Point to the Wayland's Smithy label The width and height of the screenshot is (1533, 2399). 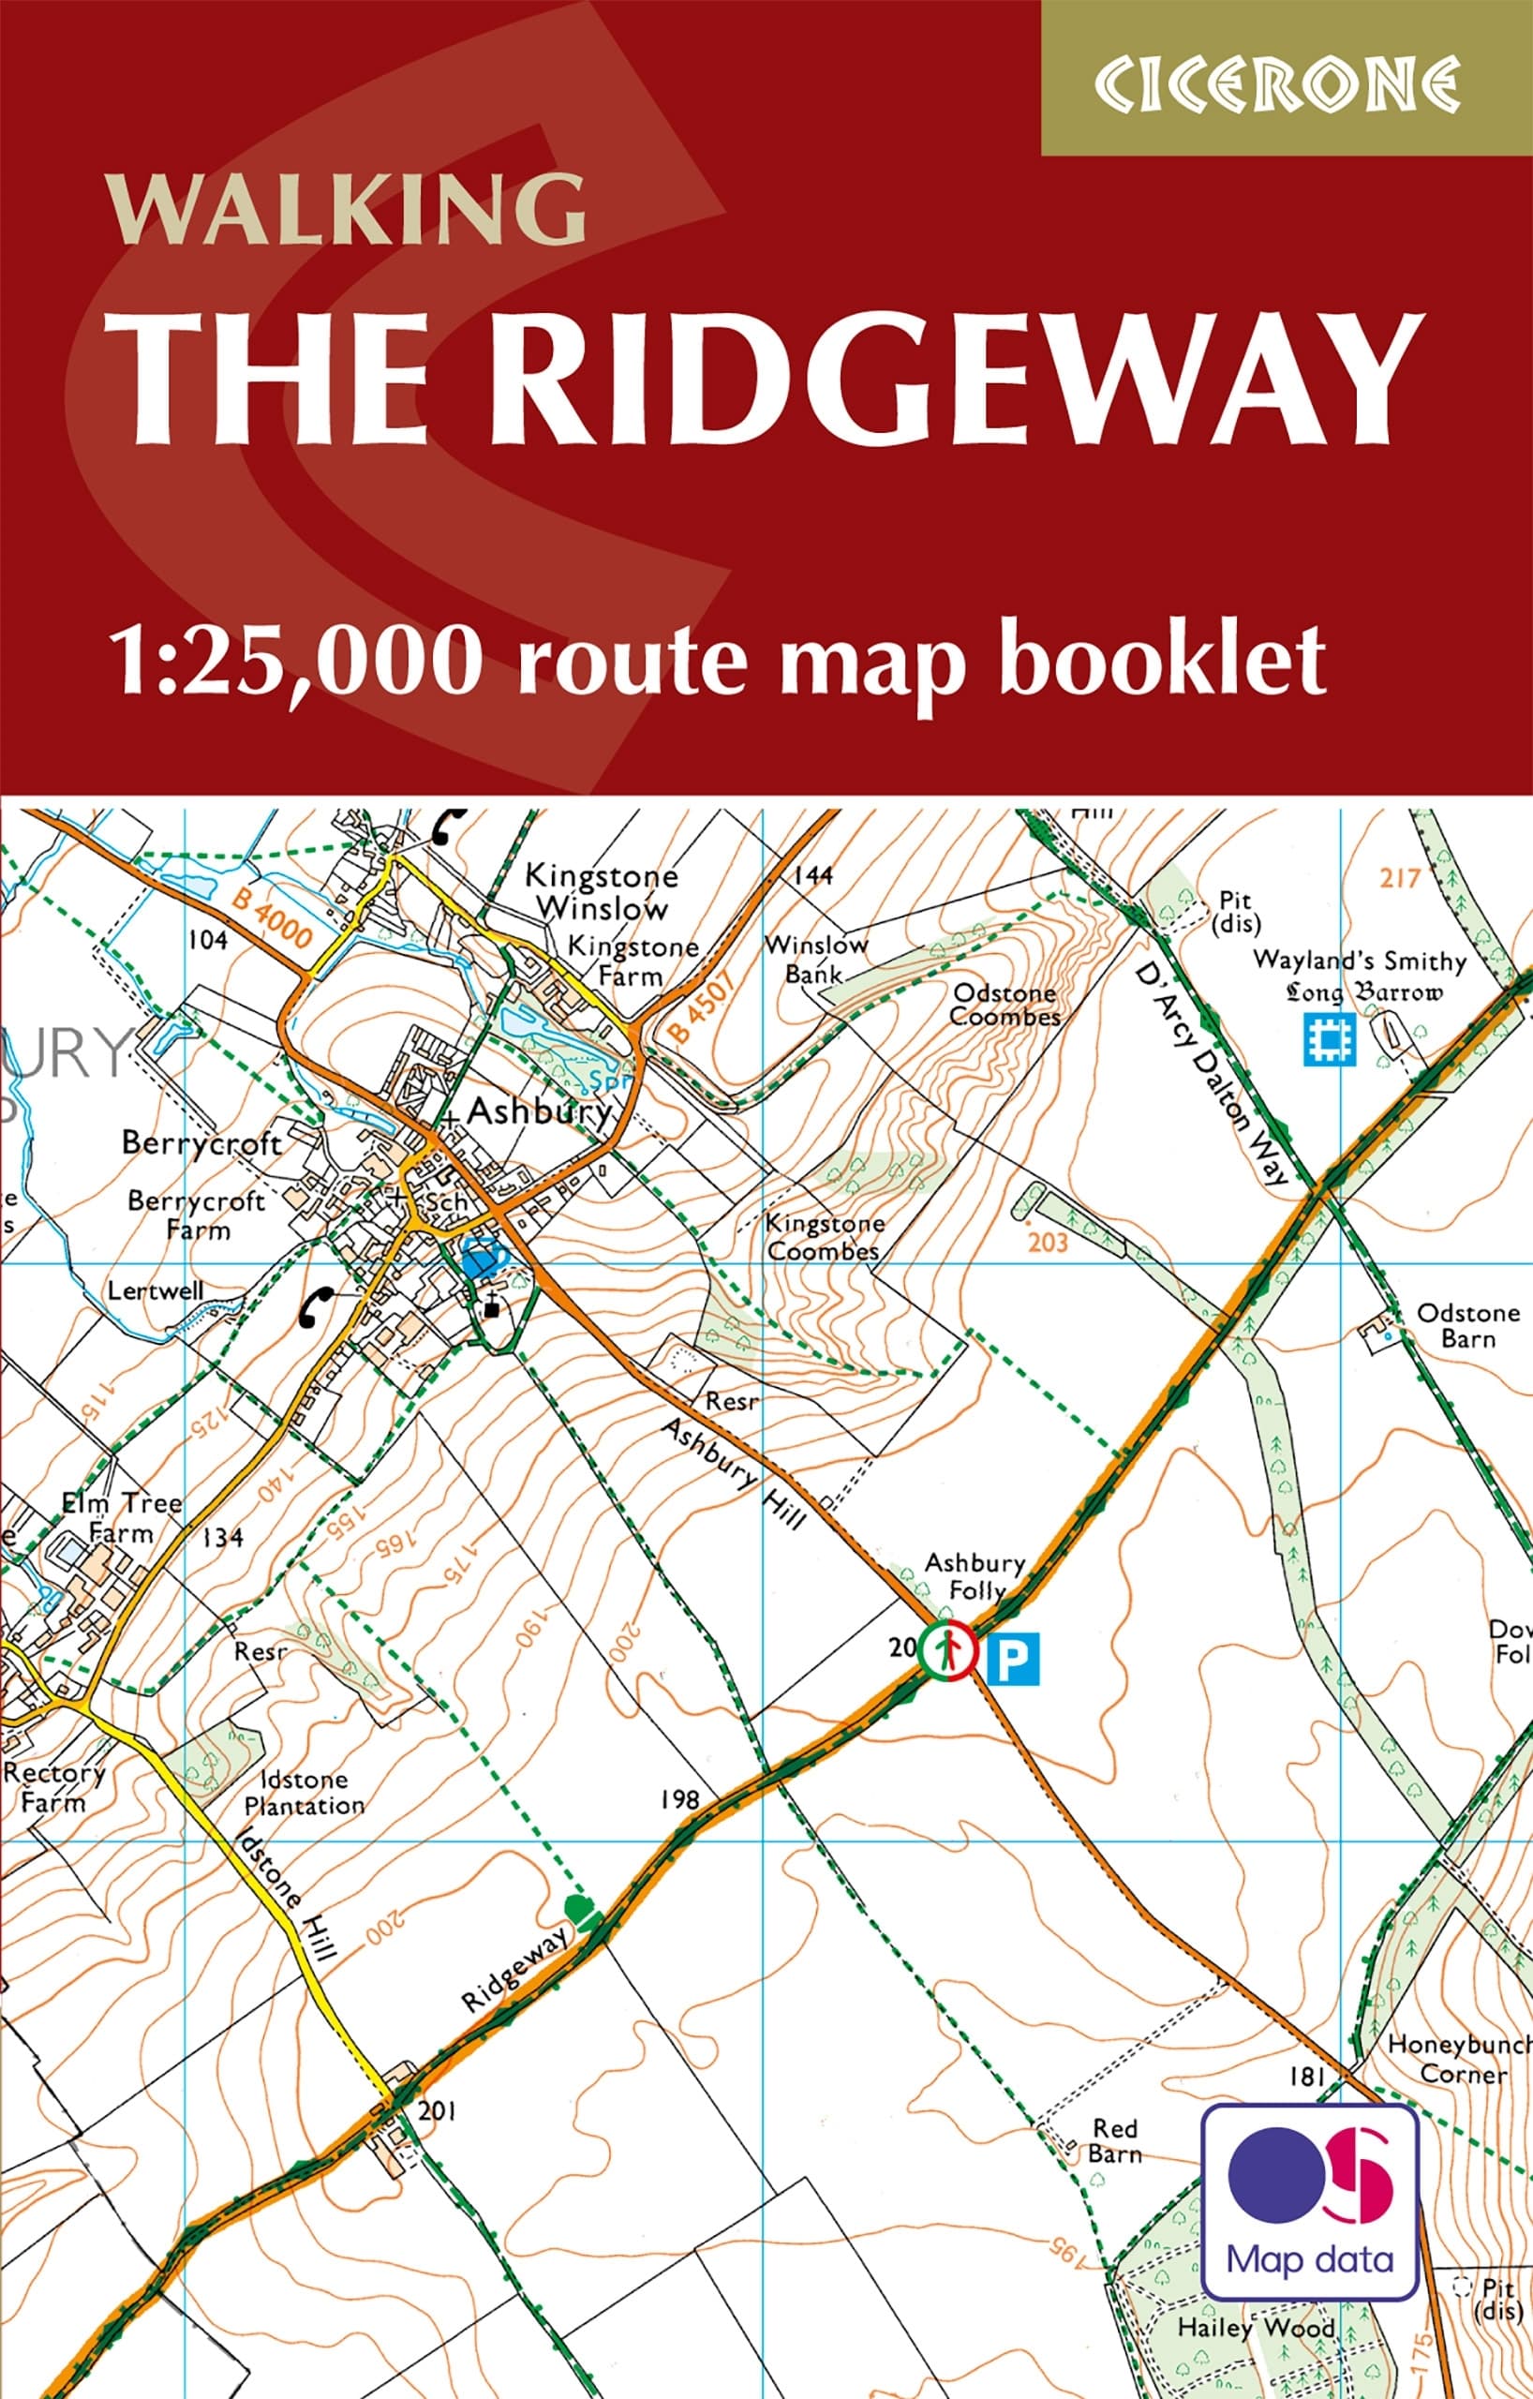[x=1360, y=961]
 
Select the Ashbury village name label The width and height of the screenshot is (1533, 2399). [x=538, y=1110]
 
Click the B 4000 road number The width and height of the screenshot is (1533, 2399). [x=272, y=918]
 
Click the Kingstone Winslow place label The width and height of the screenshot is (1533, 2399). [x=601, y=891]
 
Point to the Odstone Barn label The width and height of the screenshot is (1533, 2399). [x=1467, y=1325]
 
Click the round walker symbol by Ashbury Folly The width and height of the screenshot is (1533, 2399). [x=946, y=1651]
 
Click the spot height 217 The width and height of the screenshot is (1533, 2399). [x=1398, y=878]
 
